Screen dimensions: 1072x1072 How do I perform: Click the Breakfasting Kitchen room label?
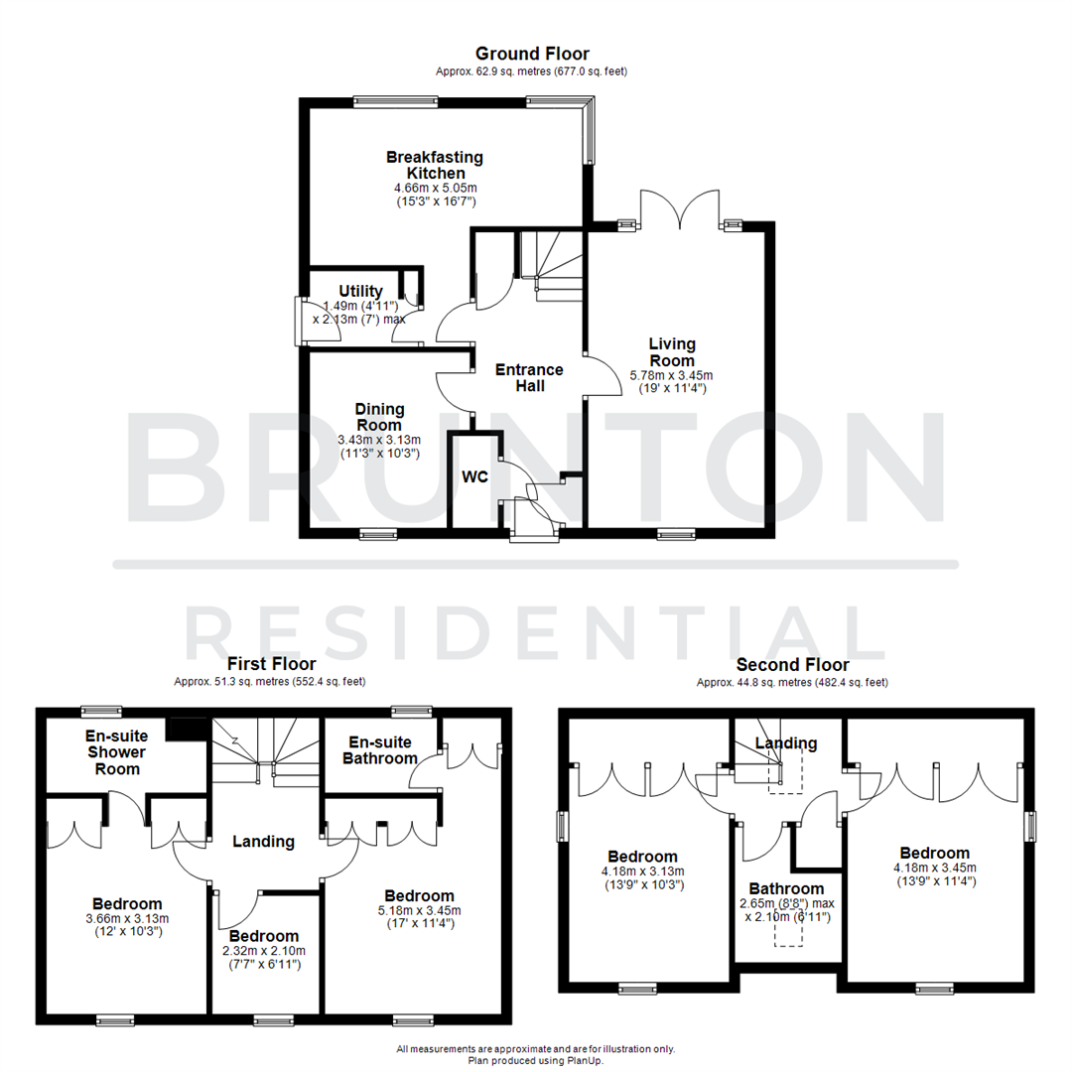435,165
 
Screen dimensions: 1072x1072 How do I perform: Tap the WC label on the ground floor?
474,476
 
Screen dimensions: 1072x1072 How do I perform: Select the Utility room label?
360,291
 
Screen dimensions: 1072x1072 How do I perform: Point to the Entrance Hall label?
530,377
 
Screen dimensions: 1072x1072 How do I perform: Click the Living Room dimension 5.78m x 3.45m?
672,375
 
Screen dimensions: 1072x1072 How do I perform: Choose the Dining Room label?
380,417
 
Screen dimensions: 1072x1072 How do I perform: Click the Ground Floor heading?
531,54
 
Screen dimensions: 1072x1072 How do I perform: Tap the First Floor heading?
271,663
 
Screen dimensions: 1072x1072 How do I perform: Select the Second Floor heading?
792,664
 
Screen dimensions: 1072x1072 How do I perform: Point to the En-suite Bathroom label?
380,749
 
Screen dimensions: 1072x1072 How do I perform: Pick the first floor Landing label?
263,841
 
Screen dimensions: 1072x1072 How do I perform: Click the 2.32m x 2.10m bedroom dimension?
263,950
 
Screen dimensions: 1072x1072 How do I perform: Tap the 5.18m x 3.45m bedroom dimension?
419,909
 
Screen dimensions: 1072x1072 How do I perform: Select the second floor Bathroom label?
786,888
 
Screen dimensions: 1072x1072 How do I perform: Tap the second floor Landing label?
786,742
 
